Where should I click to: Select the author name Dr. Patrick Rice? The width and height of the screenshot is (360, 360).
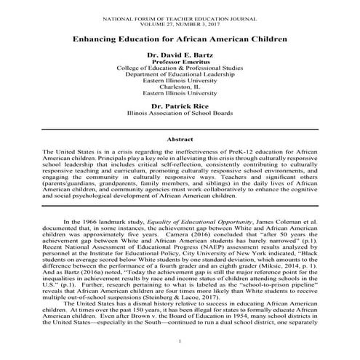tap(180, 105)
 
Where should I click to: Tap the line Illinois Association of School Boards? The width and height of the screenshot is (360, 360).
tap(180, 114)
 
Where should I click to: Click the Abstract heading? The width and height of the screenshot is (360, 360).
tap(180, 138)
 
